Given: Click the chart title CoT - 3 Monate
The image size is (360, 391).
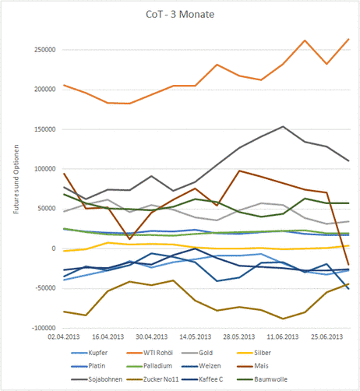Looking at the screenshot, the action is pyautogui.click(x=180, y=15).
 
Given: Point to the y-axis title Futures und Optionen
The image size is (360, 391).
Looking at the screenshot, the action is pyautogui.click(x=16, y=179).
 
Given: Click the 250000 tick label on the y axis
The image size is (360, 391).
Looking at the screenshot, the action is pyautogui.click(x=45, y=50).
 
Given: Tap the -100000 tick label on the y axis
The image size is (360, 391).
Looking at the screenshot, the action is pyautogui.click(x=44, y=328).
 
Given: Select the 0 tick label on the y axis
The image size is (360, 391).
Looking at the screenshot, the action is pyautogui.click(x=54, y=248).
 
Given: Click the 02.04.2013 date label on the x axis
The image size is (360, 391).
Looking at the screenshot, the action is pyautogui.click(x=64, y=337).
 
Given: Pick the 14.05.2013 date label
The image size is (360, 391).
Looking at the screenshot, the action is pyautogui.click(x=196, y=337).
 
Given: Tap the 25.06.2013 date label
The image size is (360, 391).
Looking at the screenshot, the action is pyautogui.click(x=327, y=337).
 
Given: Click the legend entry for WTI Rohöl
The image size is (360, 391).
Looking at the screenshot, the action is pyautogui.click(x=150, y=353).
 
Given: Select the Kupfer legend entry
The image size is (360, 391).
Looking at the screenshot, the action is pyautogui.click(x=90, y=353).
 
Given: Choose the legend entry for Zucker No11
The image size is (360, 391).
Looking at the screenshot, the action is pyautogui.click(x=153, y=379).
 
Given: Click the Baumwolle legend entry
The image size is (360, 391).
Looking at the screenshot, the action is pyautogui.click(x=263, y=379).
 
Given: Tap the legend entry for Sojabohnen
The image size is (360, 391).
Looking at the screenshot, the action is pyautogui.click(x=97, y=379).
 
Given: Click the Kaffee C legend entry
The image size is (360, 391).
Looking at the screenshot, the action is pyautogui.click(x=203, y=379).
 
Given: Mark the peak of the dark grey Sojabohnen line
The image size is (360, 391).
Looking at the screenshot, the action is pyautogui.click(x=283, y=126).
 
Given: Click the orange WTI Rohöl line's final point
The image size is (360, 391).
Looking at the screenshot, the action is pyautogui.click(x=349, y=39).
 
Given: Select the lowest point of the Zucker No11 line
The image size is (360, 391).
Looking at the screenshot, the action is pyautogui.click(x=283, y=319).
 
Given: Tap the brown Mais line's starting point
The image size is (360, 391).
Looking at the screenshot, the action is pyautogui.click(x=64, y=174).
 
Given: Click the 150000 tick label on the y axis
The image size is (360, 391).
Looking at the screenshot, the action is pyautogui.click(x=45, y=129).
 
